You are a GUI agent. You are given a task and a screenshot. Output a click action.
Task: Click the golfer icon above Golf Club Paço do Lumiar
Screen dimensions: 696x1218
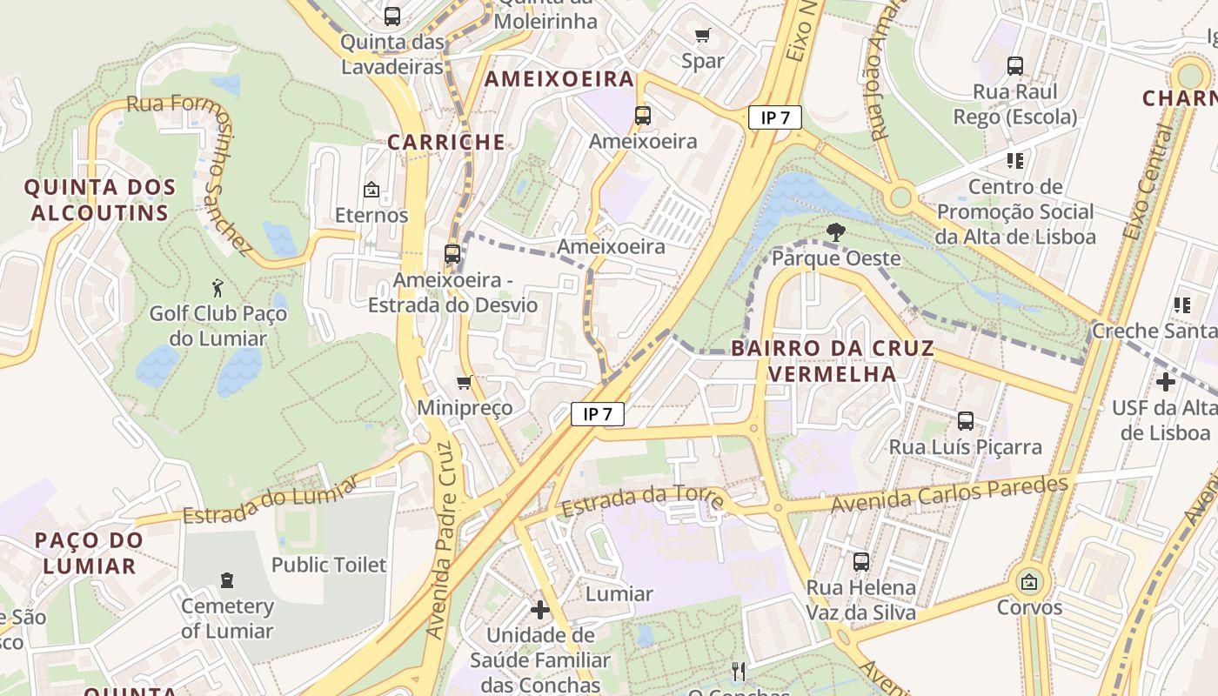tap(217, 286)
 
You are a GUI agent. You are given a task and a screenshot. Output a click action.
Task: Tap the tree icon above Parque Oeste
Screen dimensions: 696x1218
tap(836, 232)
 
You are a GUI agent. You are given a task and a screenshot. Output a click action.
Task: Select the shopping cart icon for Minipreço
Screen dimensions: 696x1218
tap(465, 382)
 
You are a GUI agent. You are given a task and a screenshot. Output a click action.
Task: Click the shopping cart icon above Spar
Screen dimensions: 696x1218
tap(703, 36)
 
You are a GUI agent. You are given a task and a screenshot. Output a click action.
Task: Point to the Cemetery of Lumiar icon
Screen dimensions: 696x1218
tap(227, 579)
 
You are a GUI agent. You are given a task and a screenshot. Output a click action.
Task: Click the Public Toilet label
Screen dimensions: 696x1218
tap(329, 565)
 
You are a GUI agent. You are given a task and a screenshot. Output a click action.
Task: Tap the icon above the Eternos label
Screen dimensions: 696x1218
tap(371, 189)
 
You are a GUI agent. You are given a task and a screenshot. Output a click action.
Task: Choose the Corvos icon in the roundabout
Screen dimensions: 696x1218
tap(1029, 581)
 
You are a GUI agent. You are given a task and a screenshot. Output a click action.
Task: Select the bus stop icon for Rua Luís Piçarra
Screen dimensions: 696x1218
tap(965, 421)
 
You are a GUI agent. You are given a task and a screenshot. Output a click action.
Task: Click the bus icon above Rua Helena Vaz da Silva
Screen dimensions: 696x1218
tap(860, 562)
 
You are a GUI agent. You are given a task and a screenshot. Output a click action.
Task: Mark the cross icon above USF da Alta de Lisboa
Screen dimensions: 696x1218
tap(1165, 381)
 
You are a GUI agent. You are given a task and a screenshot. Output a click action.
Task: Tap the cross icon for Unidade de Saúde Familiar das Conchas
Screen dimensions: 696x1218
tap(539, 609)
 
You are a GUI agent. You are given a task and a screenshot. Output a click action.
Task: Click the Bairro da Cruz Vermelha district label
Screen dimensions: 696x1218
tap(833, 361)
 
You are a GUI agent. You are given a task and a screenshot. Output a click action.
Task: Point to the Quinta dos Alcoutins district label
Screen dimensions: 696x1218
tap(99, 200)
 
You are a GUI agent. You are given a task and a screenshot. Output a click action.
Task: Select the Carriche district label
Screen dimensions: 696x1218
tap(445, 142)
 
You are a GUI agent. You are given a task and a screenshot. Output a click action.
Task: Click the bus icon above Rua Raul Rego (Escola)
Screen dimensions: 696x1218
tap(1014, 66)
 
